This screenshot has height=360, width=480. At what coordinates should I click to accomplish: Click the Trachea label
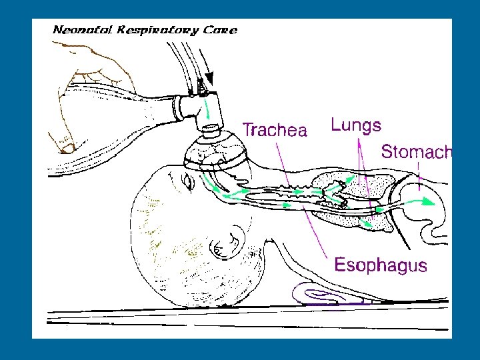pyautogui.click(x=274, y=129)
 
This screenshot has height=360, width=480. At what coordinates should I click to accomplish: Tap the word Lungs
pyautogui.click(x=356, y=125)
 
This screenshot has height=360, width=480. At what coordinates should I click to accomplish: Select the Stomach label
pyautogui.click(x=415, y=151)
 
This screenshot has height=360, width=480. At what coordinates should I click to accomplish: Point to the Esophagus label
pyautogui.click(x=380, y=265)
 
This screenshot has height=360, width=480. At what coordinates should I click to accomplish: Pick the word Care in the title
pyautogui.click(x=222, y=30)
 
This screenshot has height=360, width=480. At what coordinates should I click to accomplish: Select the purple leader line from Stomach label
pyautogui.click(x=419, y=175)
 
